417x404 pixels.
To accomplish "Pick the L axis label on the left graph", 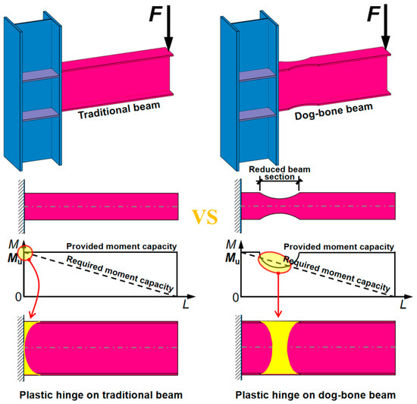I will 186,304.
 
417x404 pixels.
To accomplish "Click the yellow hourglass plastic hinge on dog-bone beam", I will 279,348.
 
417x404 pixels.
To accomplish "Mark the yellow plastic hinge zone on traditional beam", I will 30,348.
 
